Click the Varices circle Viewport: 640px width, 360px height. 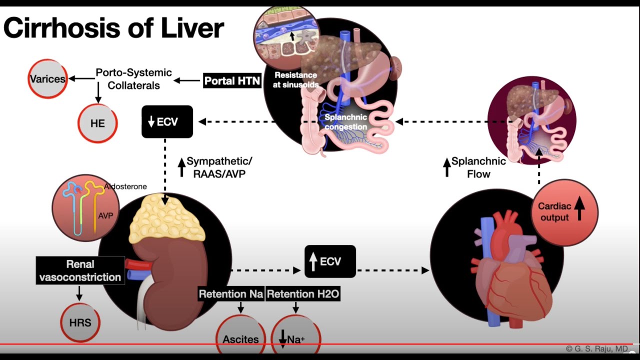click(x=47, y=79)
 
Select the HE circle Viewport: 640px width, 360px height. click(x=97, y=123)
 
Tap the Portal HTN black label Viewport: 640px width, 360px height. click(x=232, y=81)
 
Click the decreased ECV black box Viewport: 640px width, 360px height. click(x=167, y=121)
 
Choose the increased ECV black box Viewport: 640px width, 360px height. click(x=330, y=261)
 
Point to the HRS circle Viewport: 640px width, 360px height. click(x=80, y=322)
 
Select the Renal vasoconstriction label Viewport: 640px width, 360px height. click(x=80, y=270)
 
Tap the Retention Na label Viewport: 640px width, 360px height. click(x=231, y=294)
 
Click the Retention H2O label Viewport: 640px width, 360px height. click(x=303, y=294)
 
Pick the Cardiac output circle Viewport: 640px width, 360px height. click(x=564, y=212)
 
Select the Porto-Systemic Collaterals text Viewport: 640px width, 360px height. click(x=134, y=79)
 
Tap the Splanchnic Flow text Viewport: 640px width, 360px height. click(x=478, y=167)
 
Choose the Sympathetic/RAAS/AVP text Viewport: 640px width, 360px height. click(x=219, y=167)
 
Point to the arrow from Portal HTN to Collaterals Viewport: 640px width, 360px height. click(x=187, y=80)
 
